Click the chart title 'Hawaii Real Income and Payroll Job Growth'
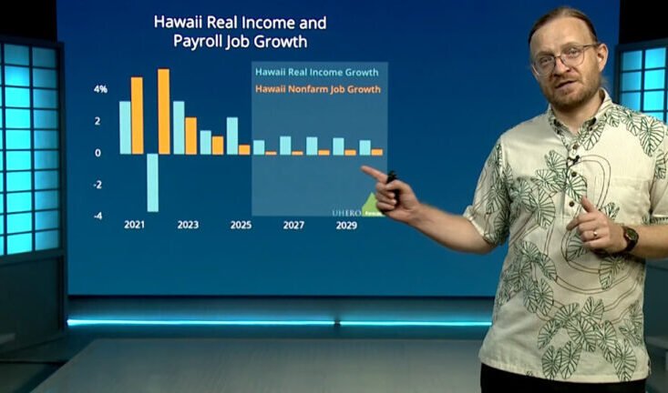click(x=240, y=31)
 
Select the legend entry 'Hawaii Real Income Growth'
click(x=318, y=72)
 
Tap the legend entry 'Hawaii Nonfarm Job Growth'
click(x=318, y=89)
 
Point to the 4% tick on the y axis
click(x=100, y=89)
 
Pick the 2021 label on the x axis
click(x=135, y=225)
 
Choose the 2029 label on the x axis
click(x=346, y=225)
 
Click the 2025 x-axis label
click(x=241, y=225)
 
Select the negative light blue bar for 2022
click(x=152, y=183)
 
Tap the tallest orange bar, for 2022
click(x=164, y=112)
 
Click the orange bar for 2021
click(x=137, y=116)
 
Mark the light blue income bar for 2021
click(x=125, y=127)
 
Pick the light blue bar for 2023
click(x=179, y=127)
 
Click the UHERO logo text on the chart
click(x=345, y=211)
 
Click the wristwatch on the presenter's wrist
click(x=630, y=238)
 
